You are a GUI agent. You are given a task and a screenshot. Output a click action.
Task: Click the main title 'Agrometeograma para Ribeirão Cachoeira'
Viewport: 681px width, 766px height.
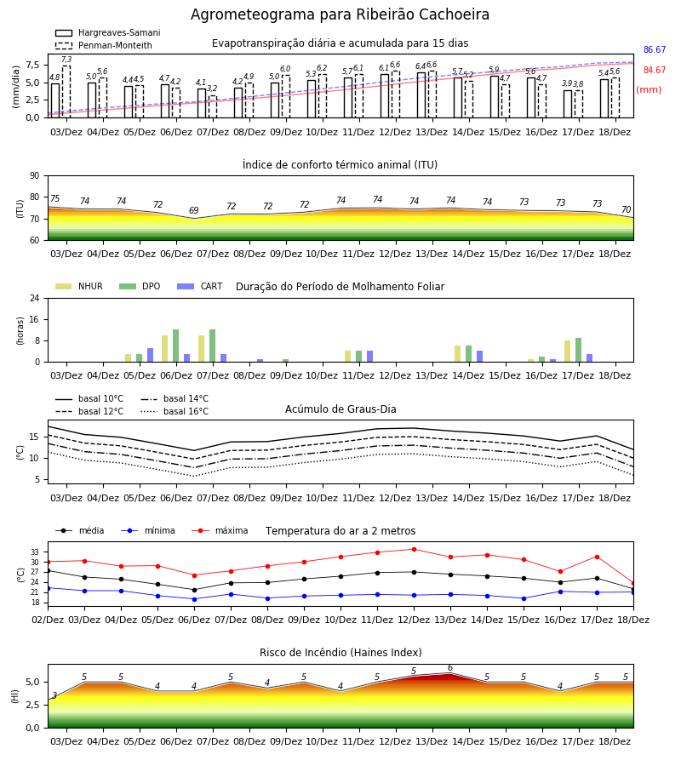pos(340,14)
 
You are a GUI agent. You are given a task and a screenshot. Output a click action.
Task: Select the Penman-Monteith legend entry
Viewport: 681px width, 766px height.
pos(104,45)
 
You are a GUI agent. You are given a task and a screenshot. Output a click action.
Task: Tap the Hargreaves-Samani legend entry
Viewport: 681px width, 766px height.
pos(107,32)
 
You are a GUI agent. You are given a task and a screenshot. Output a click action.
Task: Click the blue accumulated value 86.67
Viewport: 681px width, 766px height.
pos(655,50)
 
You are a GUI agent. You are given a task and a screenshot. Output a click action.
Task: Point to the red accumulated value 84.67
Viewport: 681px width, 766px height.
pos(655,71)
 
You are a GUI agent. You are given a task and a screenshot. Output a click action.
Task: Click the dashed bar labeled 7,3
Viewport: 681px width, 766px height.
pos(66,92)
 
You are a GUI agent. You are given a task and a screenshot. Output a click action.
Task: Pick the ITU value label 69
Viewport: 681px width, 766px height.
pos(194,210)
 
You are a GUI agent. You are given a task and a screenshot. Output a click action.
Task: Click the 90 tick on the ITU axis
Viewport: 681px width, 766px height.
pos(34,176)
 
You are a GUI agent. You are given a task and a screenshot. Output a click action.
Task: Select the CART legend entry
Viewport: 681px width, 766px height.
pos(200,286)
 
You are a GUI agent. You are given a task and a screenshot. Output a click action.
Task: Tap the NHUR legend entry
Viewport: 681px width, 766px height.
pos(79,286)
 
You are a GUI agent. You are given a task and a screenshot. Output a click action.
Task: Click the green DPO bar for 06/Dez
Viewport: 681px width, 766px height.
pos(176,346)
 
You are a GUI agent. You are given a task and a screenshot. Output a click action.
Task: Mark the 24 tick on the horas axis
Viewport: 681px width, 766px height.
pos(34,299)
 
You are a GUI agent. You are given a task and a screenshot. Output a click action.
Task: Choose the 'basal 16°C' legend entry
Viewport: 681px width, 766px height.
pos(175,411)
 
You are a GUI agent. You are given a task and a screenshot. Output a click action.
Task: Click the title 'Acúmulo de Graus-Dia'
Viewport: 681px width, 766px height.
pos(340,409)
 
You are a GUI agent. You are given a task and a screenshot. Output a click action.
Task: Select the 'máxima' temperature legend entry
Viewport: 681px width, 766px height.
pos(220,530)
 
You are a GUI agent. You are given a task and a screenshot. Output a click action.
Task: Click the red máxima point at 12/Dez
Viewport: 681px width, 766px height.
pos(415,550)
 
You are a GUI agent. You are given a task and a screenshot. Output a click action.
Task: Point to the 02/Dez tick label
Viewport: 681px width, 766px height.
pos(48,620)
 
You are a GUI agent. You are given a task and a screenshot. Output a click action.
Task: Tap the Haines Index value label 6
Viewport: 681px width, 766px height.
pos(450,668)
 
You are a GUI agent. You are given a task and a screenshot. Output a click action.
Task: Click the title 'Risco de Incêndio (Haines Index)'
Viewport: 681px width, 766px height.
pos(340,653)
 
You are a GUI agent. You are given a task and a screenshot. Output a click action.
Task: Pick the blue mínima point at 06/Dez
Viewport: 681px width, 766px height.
pos(194,599)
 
